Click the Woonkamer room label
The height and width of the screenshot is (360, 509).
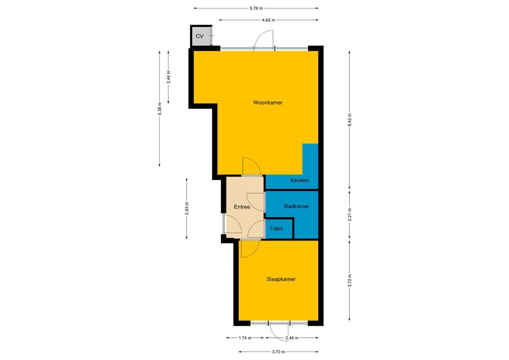pos(268,103)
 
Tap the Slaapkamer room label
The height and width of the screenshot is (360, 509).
pos(281,279)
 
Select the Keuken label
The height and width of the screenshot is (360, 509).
pos(299,180)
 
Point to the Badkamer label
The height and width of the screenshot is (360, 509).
pos(296,206)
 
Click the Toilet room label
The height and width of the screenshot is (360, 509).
pos(276,229)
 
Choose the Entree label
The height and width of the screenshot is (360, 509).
pos(242,207)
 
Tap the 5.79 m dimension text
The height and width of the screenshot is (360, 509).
pos(256,8)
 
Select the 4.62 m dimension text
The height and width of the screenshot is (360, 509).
pos(269,20)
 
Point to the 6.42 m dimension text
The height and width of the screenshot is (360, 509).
pos(350,120)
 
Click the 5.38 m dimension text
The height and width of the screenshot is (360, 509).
pos(159,108)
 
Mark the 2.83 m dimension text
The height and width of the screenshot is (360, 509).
pos(187,208)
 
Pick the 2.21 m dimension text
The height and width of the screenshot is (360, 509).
pos(350,215)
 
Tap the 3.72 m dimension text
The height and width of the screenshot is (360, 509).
pos(350,281)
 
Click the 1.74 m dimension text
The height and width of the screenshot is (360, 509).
pos(245,338)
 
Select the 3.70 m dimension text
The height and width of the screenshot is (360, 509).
pos(279,352)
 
